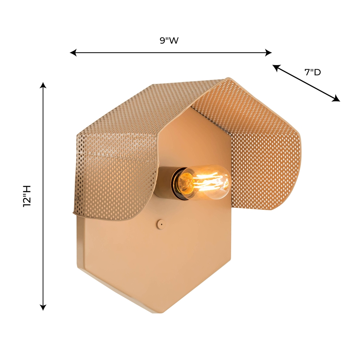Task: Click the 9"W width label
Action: [169, 40]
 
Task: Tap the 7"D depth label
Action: [312, 72]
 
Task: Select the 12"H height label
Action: [27, 196]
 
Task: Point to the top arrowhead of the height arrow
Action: [43, 85]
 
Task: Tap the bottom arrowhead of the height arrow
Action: [43, 308]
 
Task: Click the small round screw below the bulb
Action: [159, 223]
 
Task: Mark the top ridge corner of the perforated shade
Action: [227, 79]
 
